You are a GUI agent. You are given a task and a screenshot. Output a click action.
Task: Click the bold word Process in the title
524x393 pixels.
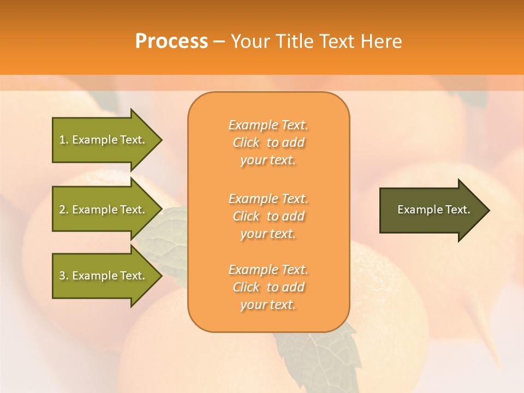click(171, 41)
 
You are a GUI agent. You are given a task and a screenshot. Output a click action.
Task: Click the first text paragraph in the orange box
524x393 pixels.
click(268, 142)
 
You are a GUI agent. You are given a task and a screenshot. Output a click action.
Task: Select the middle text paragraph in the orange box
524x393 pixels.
click(268, 216)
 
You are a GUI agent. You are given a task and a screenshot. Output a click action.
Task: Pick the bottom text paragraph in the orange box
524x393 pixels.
click(268, 287)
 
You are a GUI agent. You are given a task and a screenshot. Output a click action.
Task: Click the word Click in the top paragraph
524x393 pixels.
click(246, 142)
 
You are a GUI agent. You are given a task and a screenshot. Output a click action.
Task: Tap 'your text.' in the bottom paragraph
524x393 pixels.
click(268, 305)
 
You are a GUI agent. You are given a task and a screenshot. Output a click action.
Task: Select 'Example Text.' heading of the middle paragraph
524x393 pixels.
click(268, 199)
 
